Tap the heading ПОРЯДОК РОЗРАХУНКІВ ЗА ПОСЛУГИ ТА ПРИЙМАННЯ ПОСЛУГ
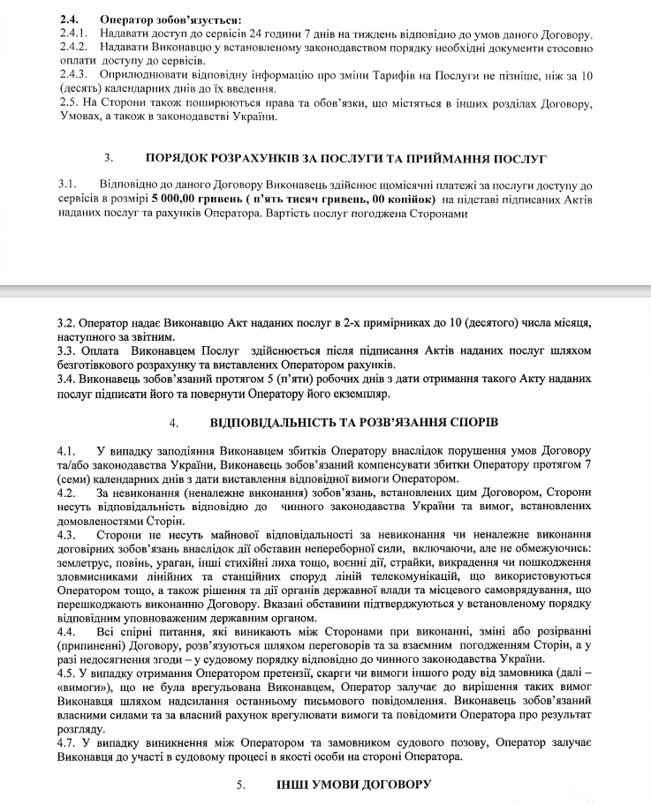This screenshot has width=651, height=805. (346, 158)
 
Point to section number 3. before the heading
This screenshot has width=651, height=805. (108, 158)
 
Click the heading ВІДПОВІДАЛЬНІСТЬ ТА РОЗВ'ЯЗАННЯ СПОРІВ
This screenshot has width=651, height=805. (354, 423)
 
